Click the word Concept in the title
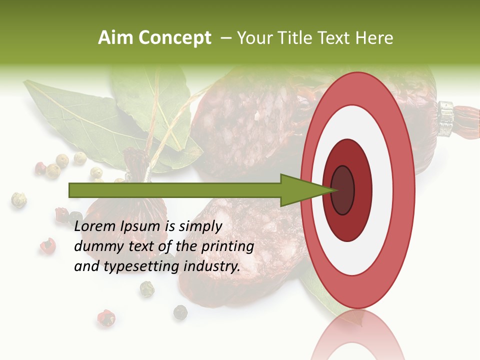click(x=175, y=38)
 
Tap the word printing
click(x=227, y=246)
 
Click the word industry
click(x=212, y=266)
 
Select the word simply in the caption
click(x=200, y=226)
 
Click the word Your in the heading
click(x=253, y=38)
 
